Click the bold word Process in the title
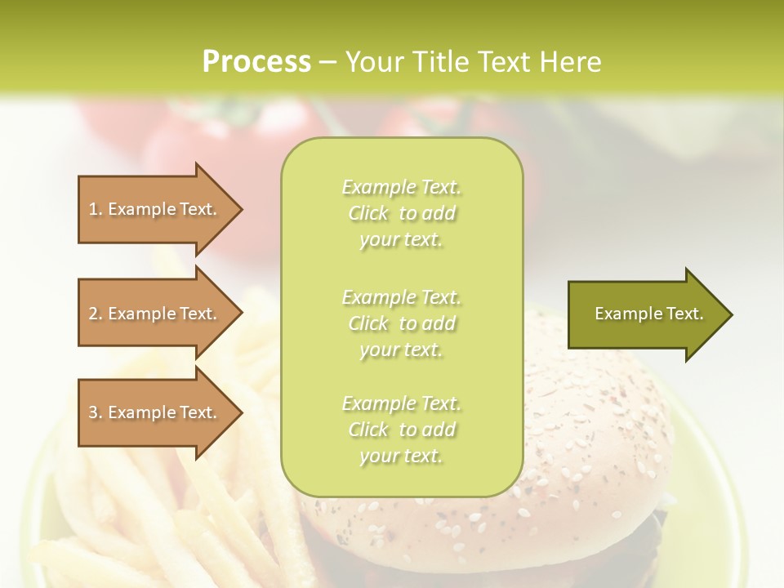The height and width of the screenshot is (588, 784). (x=256, y=62)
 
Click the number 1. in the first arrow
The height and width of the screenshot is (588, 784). (x=96, y=209)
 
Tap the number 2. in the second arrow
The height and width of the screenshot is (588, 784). (x=96, y=314)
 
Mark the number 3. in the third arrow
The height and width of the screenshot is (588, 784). (x=96, y=412)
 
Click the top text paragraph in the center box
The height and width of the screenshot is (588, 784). (x=401, y=213)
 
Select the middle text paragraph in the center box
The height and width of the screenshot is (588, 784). (x=401, y=323)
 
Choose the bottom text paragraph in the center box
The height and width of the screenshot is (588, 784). (x=401, y=430)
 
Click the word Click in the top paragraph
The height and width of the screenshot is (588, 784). (x=369, y=213)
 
